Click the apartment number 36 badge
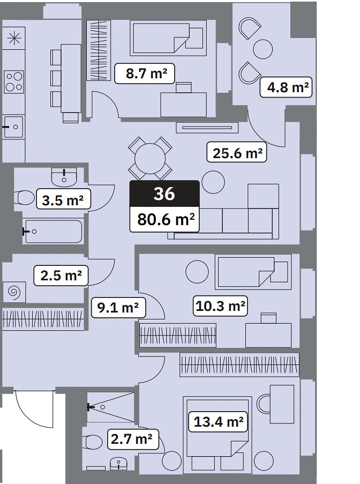pos(164,193)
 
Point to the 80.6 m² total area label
pos(164,219)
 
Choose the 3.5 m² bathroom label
pos(63,200)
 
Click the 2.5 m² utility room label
pos(61,275)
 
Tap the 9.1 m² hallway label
pos(118,308)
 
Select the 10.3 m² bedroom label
pos(220,306)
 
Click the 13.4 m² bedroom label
pos(219,422)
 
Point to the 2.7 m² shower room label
pos(133,439)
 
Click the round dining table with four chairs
pos(150,158)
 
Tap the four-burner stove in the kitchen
pos(14,82)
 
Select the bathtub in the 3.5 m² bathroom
pos(54,232)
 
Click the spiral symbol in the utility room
pos(14,292)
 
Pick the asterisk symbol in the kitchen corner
pos(14,38)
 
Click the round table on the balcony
pos(263,49)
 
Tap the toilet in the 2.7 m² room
pos(93,442)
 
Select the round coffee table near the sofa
pos(213,182)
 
